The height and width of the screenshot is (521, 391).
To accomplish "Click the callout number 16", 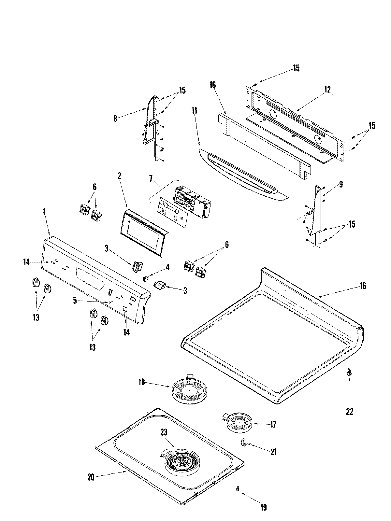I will point(363,286).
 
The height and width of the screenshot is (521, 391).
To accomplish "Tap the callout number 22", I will point(349,412).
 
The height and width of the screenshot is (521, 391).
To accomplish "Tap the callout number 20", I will point(91,478).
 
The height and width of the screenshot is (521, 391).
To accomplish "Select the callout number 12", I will point(327,89).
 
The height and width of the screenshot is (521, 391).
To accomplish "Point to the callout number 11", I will point(194,110).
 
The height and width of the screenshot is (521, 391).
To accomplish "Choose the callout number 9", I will point(340,185).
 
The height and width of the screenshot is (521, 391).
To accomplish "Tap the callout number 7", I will point(151,178).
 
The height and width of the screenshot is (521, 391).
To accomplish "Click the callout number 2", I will point(119,176).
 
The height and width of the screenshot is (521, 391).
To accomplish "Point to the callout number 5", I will point(75,301).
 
